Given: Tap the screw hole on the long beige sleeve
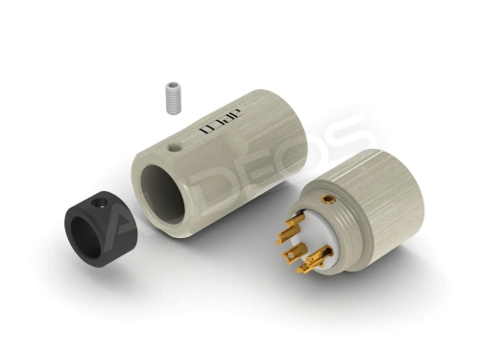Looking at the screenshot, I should (x=174, y=149).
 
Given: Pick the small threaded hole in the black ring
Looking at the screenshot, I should (x=102, y=204).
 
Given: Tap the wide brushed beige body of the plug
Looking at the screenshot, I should (x=394, y=192).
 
